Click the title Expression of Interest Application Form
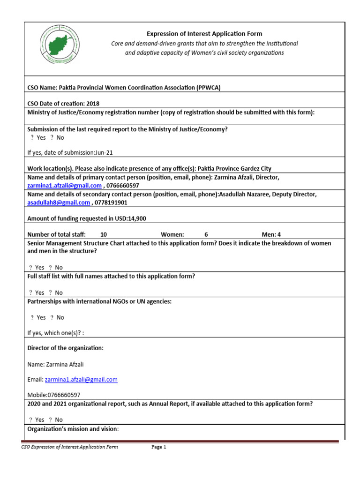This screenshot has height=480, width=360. coord(204,34)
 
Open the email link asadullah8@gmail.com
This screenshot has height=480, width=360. coord(59,202)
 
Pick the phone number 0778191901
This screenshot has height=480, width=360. coord(111,202)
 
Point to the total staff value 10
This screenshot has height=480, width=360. coord(104,234)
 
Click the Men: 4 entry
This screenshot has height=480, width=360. coord(271,234)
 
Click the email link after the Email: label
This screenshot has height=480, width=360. coord(81,379)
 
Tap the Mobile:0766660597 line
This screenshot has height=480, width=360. coord(54,395)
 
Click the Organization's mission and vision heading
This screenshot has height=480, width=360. coord(73,429)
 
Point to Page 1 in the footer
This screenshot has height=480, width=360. coord(159,447)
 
